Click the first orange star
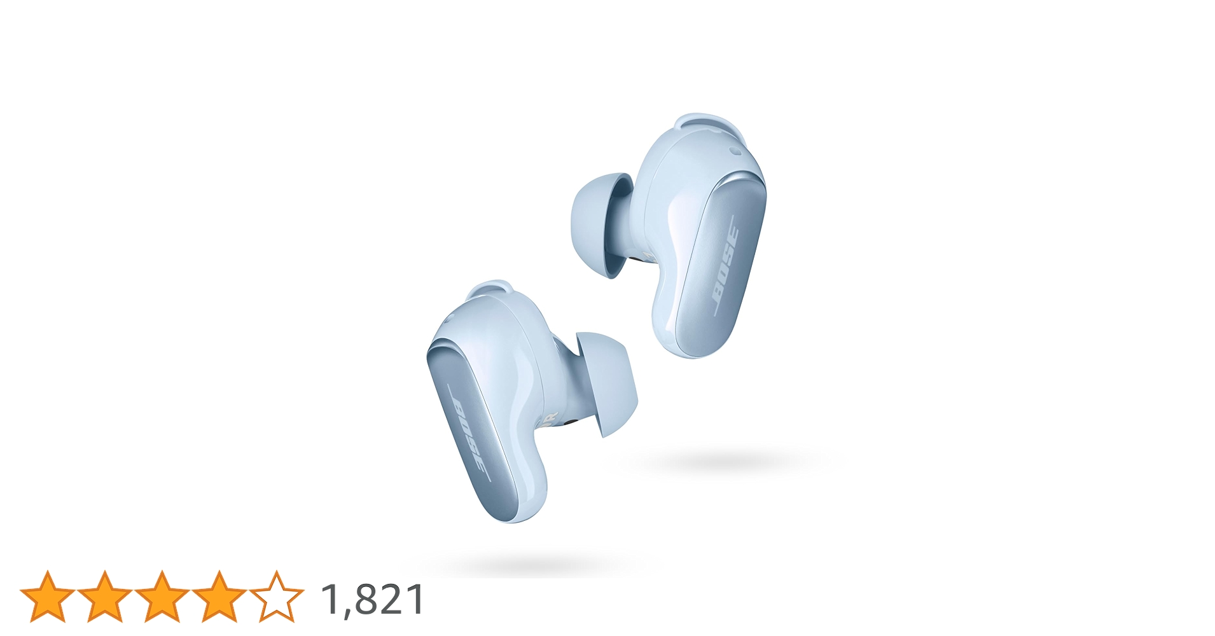48,597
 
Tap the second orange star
105,597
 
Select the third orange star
162,597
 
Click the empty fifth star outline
277,597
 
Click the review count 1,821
373,599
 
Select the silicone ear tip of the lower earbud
609,382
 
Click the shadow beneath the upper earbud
719,461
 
